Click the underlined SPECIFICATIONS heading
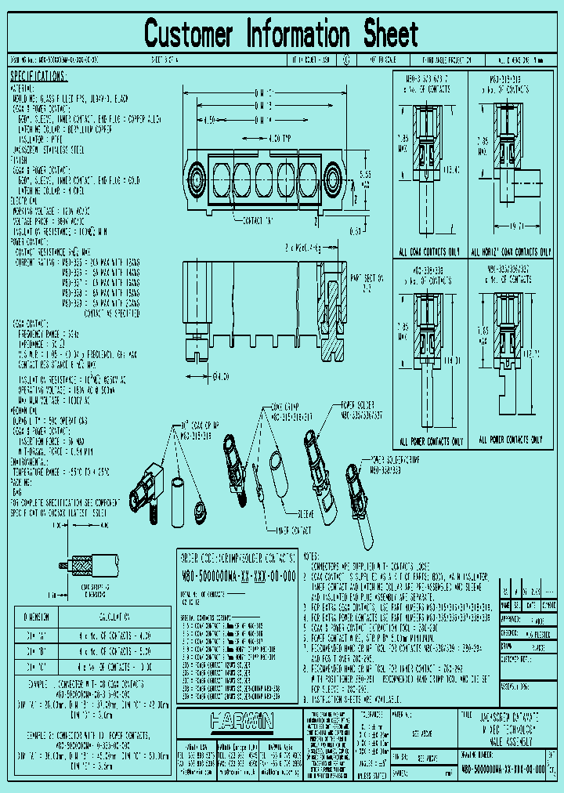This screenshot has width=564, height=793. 39,76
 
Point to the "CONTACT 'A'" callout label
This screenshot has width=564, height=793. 259,220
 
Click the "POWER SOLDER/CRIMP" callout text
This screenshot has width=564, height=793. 396,459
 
